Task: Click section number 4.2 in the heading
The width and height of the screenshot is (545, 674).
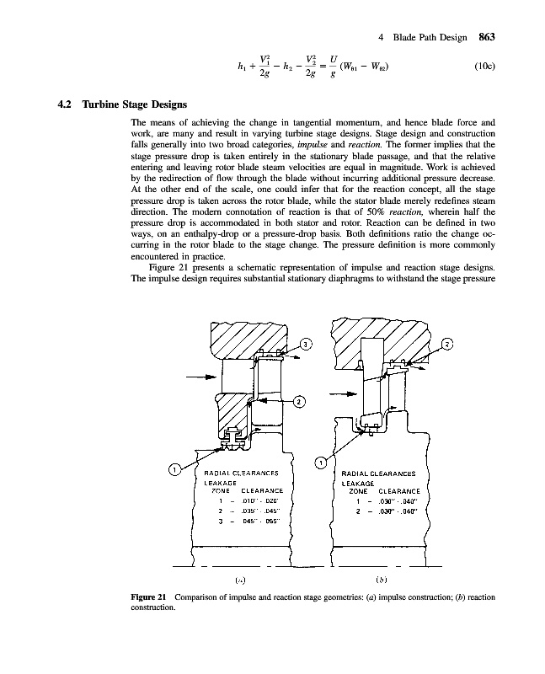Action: click(x=64, y=106)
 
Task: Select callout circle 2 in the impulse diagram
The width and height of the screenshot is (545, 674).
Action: click(x=299, y=401)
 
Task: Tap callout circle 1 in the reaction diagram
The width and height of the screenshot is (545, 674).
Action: click(x=320, y=462)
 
